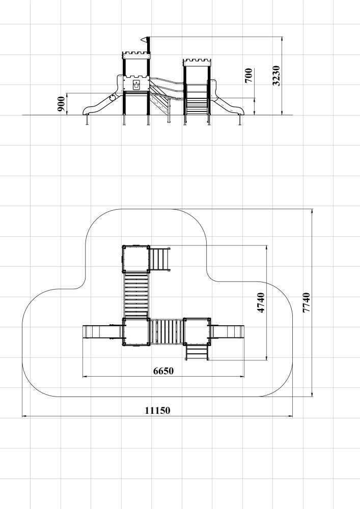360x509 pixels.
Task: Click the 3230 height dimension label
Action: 276,76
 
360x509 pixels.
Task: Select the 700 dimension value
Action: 248,76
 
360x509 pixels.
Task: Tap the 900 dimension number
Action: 61,104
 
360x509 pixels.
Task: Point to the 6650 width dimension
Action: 163,371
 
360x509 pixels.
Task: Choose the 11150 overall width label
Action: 157,410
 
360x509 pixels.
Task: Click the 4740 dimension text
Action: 261,303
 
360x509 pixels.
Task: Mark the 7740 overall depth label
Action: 306,303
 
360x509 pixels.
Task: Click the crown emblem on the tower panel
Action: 136,85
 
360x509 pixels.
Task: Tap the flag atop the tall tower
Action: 144,40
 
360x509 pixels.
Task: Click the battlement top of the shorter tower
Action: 197,62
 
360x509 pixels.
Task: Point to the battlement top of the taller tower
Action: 136,55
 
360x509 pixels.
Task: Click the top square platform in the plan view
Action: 136,259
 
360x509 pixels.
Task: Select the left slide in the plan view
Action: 102,332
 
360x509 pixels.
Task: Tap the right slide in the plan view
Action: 227,332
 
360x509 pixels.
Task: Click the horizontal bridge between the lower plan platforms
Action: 167,332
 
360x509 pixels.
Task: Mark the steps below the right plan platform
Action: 197,353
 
